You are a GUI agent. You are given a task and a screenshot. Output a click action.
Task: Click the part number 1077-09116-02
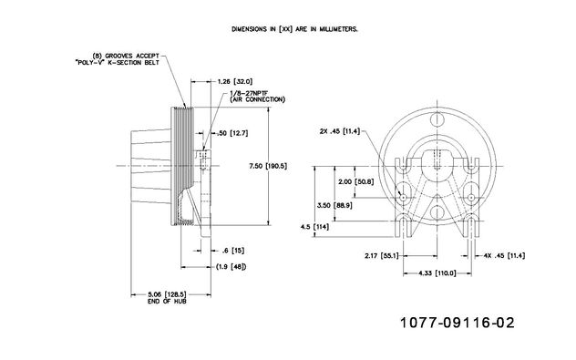click(x=457, y=323)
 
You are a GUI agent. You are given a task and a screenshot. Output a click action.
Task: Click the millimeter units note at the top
click(x=294, y=29)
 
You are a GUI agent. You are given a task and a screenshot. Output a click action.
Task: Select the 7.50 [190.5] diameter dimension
click(x=268, y=166)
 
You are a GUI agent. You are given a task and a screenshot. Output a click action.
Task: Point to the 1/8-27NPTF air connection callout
click(x=257, y=97)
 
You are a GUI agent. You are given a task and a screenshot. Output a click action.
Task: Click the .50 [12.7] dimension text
click(x=233, y=133)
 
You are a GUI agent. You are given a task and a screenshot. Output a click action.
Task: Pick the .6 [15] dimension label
click(x=233, y=251)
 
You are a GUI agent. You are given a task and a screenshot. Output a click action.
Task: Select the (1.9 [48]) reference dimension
click(x=231, y=267)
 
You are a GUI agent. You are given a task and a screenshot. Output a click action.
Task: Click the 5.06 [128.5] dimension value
click(x=167, y=294)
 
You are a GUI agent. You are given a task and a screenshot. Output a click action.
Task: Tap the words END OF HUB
click(x=167, y=302)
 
